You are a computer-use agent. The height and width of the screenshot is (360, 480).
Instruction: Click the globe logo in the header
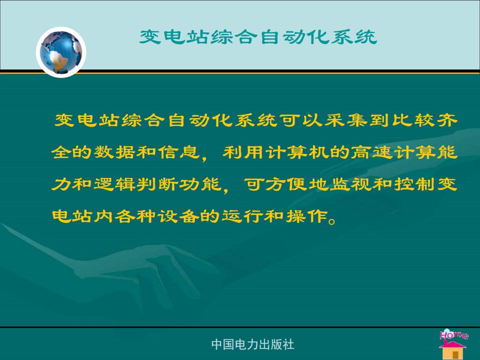point(61,52)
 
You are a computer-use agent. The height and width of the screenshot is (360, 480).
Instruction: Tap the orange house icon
point(453,349)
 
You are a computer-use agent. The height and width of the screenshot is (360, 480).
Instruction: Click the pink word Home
point(454,334)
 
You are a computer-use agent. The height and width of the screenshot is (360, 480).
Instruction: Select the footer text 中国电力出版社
point(252,344)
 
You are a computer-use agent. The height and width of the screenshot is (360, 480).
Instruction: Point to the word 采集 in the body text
point(346,120)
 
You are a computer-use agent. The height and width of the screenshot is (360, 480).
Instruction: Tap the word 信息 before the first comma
point(179,152)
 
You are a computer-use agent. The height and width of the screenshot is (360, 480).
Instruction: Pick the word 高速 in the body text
point(372,152)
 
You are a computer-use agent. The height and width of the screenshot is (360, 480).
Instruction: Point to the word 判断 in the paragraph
point(157,184)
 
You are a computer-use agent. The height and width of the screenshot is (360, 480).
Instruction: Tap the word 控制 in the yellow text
point(414,184)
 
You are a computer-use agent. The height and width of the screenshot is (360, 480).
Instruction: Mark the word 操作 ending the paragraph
point(306,216)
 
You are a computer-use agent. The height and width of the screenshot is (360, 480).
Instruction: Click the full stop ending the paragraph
point(331,220)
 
